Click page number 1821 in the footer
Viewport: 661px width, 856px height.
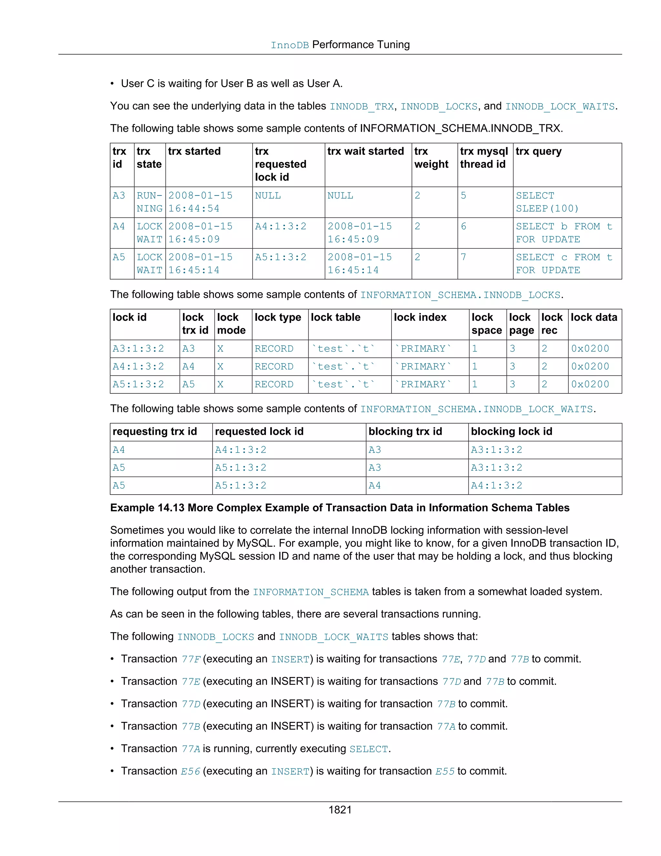point(340,810)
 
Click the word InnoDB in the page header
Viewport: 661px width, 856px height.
point(290,46)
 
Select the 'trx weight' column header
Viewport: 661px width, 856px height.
point(431,158)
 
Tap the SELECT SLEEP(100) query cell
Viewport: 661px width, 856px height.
point(547,202)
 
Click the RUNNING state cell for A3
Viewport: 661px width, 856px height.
point(149,202)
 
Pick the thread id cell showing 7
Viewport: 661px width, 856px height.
point(463,257)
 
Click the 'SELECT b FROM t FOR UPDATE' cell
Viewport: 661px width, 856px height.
point(564,233)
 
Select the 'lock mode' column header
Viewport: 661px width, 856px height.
point(231,324)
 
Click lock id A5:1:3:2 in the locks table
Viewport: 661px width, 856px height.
point(138,384)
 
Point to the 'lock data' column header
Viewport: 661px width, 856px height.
point(594,318)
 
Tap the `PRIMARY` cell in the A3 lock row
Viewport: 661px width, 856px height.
point(423,349)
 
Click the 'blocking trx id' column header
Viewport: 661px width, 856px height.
point(405,432)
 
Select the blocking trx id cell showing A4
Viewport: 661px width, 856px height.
point(374,485)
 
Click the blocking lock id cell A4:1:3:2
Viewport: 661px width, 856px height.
point(496,485)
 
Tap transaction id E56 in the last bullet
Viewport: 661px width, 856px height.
point(190,771)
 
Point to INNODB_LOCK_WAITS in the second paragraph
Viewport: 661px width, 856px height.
point(560,107)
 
